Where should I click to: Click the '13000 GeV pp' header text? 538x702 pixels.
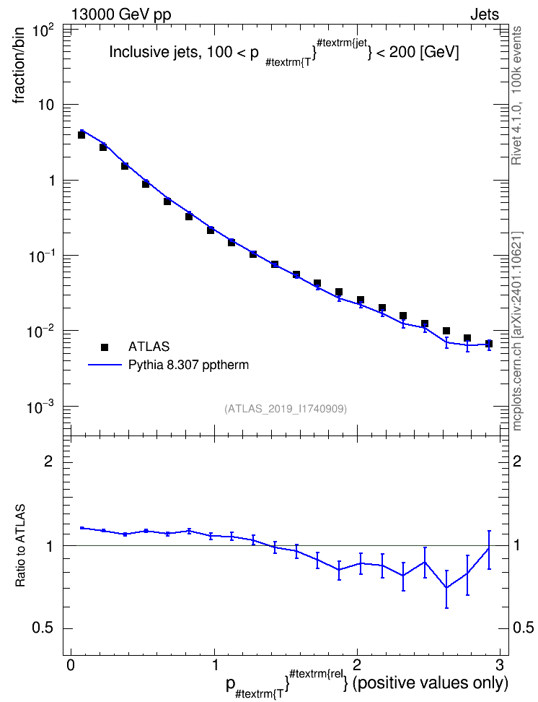click(120, 14)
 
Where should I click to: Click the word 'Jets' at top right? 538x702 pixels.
click(485, 14)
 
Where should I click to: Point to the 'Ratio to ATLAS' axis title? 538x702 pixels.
click(20, 545)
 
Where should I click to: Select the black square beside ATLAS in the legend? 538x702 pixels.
click(105, 347)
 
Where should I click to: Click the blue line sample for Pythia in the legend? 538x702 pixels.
click(105, 365)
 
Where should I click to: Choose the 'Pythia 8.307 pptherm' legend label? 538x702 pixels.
click(188, 365)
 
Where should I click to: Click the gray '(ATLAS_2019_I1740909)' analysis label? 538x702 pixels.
click(286, 409)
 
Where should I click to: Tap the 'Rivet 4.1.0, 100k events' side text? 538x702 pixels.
click(516, 96)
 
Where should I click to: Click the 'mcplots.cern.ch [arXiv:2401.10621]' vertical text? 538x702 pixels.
click(516, 331)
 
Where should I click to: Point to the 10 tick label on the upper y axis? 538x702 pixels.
click(44, 105)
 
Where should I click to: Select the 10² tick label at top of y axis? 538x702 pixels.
click(43, 32)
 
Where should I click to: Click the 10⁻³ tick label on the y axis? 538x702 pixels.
click(41, 407)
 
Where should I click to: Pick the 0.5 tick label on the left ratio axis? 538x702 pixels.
click(43, 628)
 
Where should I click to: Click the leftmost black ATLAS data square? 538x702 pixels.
click(81, 135)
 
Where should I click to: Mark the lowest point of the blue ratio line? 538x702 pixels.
click(446, 588)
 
